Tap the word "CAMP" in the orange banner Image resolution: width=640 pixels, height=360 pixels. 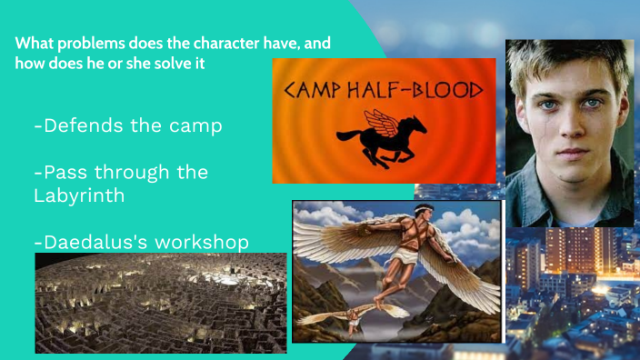tap(315, 91)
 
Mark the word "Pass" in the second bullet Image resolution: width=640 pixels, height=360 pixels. tap(58, 172)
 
